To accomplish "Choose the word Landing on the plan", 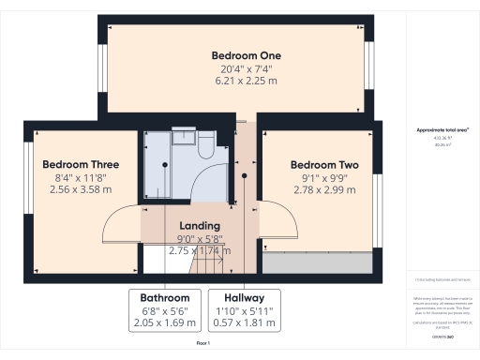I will [x=199, y=226].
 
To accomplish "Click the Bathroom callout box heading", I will [x=165, y=298].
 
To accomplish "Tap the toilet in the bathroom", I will [x=207, y=140].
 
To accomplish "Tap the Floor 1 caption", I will [x=202, y=344].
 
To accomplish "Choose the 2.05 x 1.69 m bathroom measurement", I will [x=165, y=322].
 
